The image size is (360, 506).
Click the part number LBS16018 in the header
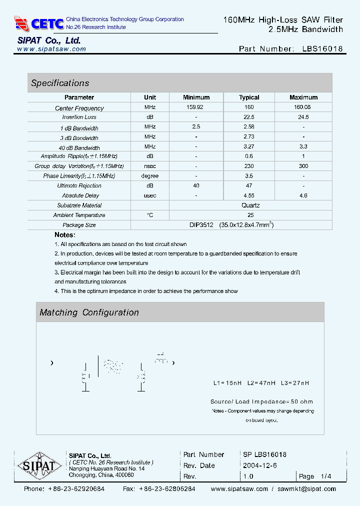[322, 48]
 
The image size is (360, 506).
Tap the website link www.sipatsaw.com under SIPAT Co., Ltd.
[51, 49]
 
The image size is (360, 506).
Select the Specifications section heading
[60, 83]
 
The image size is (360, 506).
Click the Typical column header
[249, 97]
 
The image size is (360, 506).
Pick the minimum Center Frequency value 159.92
[196, 107]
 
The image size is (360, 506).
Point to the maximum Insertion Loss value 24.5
[303, 117]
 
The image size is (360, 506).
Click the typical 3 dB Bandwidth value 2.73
[249, 136]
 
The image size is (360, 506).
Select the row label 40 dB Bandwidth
[79, 147]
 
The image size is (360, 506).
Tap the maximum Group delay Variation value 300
[303, 166]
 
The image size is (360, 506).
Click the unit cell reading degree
[150, 176]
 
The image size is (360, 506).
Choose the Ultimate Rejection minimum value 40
[196, 185]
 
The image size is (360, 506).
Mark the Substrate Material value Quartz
[250, 205]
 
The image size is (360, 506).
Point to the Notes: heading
[65, 234]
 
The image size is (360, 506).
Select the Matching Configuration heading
[89, 312]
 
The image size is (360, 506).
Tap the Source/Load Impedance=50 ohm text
[261, 401]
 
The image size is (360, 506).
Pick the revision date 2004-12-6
[259, 465]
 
